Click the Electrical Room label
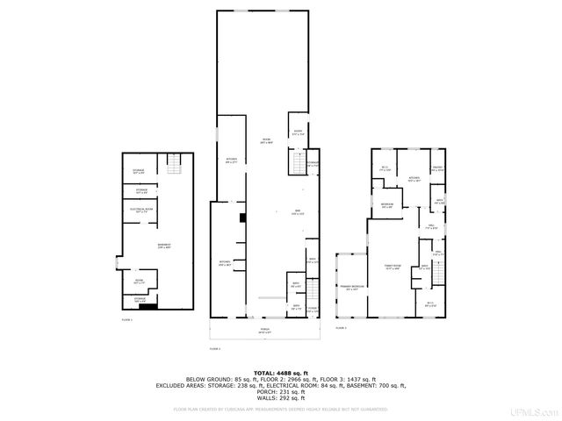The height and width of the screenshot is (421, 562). [141, 210]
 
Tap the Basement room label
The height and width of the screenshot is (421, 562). [140, 246]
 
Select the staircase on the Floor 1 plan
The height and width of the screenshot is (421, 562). [173, 163]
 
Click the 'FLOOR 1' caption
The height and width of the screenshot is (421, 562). [126, 320]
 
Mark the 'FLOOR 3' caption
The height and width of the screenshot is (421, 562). [342, 328]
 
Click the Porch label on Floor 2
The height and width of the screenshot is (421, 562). [263, 331]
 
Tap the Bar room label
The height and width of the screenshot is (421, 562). [273, 214]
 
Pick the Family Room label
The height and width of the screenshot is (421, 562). [392, 268]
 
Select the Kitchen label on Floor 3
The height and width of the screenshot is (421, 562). [414, 179]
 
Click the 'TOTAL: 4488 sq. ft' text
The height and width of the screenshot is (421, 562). [281, 372]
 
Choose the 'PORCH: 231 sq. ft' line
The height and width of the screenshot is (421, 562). [281, 390]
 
